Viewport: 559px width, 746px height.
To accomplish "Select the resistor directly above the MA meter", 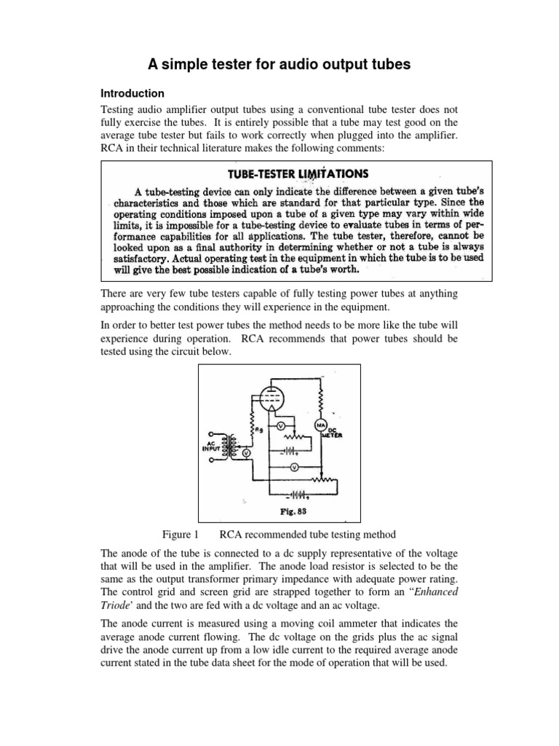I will pos(319,398).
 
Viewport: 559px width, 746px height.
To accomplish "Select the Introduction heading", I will pos(132,94).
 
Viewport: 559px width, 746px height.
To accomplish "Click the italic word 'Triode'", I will pos(116,606).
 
